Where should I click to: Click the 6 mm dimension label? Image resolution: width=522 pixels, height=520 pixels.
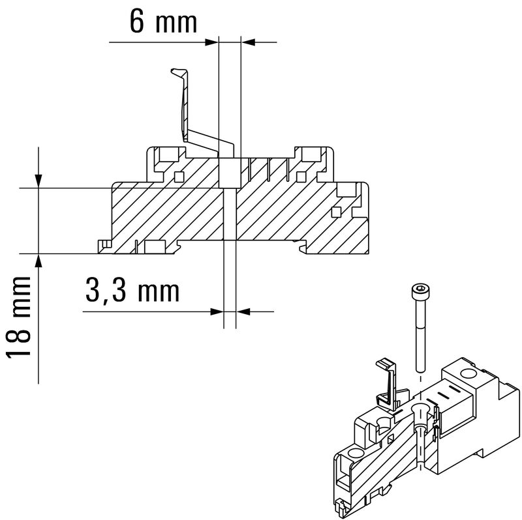[x=163, y=22]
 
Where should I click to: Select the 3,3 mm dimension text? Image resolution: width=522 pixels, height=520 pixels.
[x=132, y=291]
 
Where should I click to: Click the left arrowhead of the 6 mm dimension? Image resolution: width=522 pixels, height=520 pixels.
[x=212, y=42]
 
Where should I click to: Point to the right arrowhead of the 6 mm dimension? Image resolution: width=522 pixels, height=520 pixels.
[x=247, y=42]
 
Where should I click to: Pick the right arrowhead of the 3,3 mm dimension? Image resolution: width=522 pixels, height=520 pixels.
[x=241, y=312]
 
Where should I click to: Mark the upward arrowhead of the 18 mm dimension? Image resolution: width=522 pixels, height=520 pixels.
[x=40, y=260]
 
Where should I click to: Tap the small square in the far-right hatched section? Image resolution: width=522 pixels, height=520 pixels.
[x=336, y=211]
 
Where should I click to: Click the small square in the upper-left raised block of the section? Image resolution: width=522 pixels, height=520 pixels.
[x=179, y=176]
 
